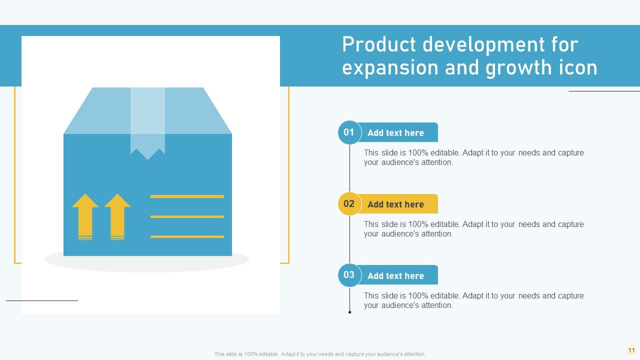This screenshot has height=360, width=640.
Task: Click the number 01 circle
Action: (x=349, y=132)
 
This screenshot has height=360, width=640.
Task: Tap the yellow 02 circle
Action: (x=349, y=203)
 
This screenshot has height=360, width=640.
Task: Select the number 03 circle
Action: (x=349, y=275)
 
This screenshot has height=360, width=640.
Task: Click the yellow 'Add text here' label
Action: (x=395, y=204)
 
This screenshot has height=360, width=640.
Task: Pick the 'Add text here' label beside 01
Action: (x=395, y=133)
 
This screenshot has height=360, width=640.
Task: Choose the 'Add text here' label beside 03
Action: (x=395, y=275)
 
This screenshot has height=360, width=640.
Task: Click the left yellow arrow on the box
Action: (x=85, y=217)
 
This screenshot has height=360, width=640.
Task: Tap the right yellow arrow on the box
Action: (x=117, y=217)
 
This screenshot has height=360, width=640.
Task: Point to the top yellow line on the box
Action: (x=187, y=196)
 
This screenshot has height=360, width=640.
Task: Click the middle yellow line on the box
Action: (x=187, y=216)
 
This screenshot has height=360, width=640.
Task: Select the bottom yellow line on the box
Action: (x=187, y=236)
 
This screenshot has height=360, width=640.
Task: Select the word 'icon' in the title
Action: (x=578, y=67)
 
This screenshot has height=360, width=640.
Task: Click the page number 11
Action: (x=631, y=350)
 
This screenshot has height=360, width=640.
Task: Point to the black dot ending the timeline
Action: (x=349, y=312)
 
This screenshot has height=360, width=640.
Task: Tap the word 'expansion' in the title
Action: (x=390, y=68)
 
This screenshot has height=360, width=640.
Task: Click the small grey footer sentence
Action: (x=320, y=354)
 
